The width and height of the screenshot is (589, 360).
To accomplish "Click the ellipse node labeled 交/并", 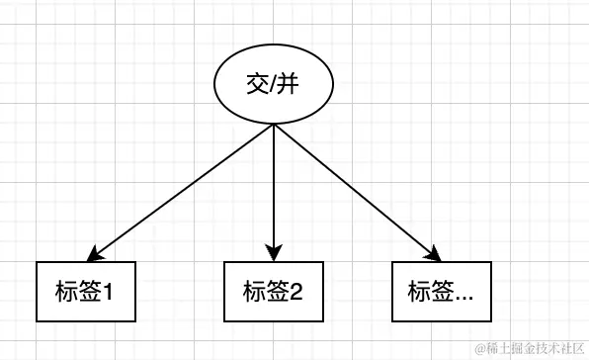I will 274,86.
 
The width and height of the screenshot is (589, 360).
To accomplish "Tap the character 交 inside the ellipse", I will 258,86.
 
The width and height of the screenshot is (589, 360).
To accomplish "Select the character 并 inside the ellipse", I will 289,86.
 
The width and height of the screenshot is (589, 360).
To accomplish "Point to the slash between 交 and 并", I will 274,86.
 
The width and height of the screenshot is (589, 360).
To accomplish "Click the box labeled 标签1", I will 85,292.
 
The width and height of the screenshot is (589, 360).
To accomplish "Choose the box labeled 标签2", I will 273,292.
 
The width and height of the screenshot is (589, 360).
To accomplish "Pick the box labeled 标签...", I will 441,292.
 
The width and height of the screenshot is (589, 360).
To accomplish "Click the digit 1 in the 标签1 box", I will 110,292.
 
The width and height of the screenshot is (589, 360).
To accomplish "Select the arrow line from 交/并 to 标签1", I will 183,190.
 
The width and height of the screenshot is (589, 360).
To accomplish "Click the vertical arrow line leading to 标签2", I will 274,188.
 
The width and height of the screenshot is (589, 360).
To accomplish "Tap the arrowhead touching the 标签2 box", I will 274,254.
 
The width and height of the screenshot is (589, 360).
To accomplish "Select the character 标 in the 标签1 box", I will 67,292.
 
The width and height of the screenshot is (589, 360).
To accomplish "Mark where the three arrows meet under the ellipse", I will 274,126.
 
